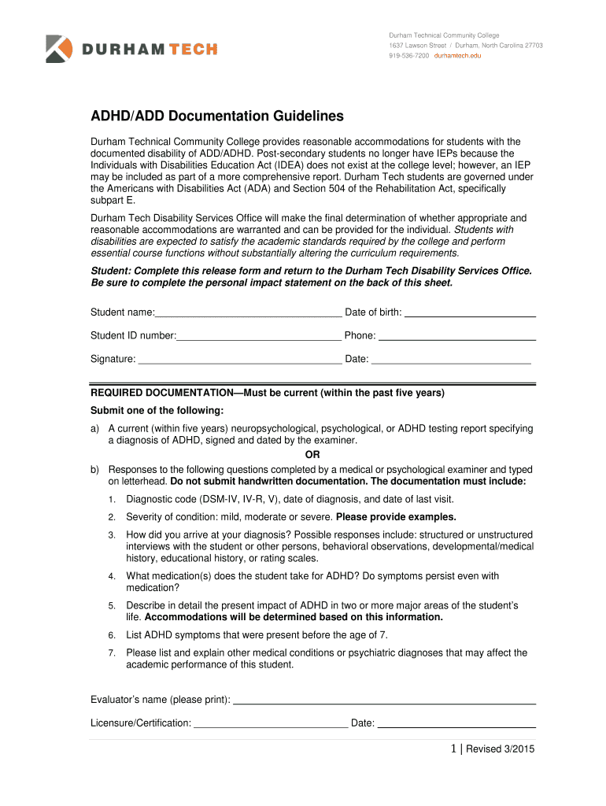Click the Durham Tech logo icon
58,49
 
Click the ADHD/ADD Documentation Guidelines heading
217,116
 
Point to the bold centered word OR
312,454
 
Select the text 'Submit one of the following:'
157,410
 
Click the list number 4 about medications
113,577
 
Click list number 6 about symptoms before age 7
113,635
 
